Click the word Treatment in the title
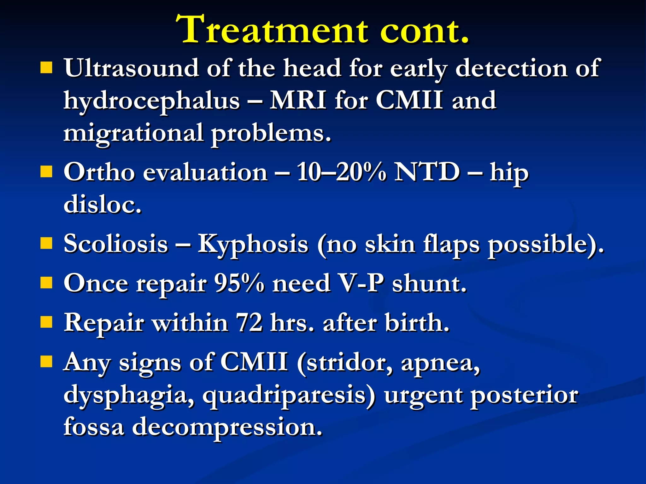[271, 30]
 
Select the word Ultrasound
[131, 68]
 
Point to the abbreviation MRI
[298, 100]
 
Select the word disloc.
[102, 205]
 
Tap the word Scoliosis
[116, 244]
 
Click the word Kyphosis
[253, 245]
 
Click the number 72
[249, 323]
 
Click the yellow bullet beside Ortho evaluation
[46, 172]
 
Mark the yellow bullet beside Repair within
[46, 322]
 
